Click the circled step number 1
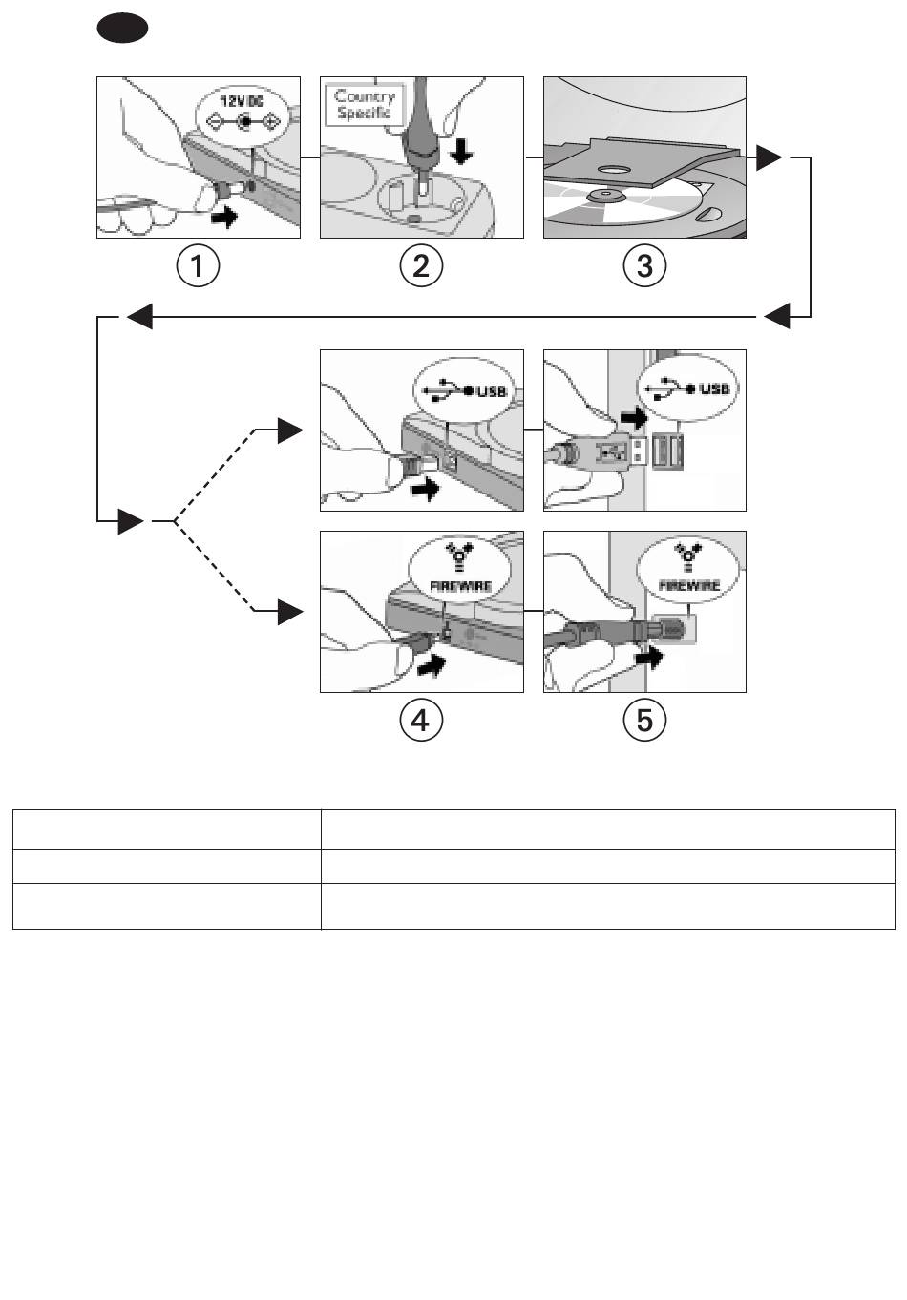coord(198,266)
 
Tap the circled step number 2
coord(421,266)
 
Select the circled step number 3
coord(644,266)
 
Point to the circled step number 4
coord(421,721)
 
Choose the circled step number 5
coord(644,721)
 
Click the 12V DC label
coord(241,101)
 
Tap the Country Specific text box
coord(364,104)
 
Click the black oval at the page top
coord(122,28)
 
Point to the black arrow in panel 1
coord(224,218)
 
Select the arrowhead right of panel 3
coord(769,157)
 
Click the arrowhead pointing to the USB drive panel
coord(290,430)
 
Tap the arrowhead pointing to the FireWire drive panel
coord(290,612)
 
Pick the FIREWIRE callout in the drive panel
coord(459,570)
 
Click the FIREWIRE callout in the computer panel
coord(687,570)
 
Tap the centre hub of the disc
coord(605,197)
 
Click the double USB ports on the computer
coord(667,451)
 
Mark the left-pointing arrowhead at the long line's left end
coord(139,316)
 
